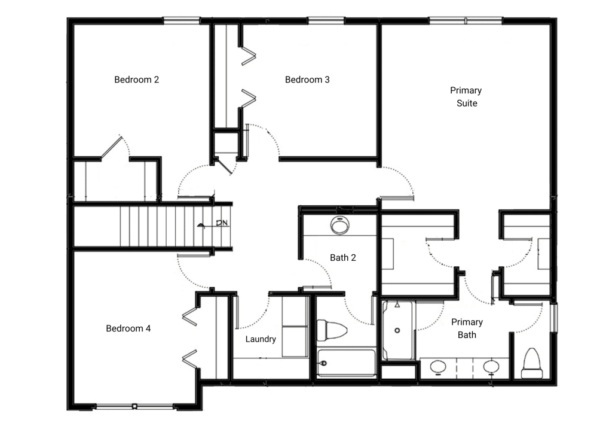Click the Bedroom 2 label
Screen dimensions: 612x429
tap(137, 80)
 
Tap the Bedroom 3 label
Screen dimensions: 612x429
tap(307, 80)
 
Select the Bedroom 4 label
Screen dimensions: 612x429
tap(128, 328)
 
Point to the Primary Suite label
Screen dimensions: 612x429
tap(466, 96)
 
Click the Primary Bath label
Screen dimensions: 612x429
tap(467, 328)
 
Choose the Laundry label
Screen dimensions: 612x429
tap(261, 339)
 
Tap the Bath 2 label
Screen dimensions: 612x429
tap(342, 258)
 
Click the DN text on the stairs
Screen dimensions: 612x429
tap(222, 223)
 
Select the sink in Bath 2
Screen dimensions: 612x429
tap(339, 225)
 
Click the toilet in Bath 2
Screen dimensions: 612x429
tap(331, 330)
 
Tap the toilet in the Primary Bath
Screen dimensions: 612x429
tap(533, 363)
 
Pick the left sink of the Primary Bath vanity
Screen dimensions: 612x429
tap(438, 367)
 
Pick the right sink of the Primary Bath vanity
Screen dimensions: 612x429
tap(491, 367)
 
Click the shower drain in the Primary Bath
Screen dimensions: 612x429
tap(397, 330)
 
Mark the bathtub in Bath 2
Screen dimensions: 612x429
tap(346, 363)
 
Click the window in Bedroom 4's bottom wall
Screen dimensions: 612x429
tap(134, 407)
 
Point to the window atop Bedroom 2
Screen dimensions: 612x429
tap(182, 20)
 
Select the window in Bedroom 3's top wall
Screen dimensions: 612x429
tap(326, 20)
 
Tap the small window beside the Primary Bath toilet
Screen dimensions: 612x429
tap(554, 317)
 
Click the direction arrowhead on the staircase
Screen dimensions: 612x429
tap(201, 225)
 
